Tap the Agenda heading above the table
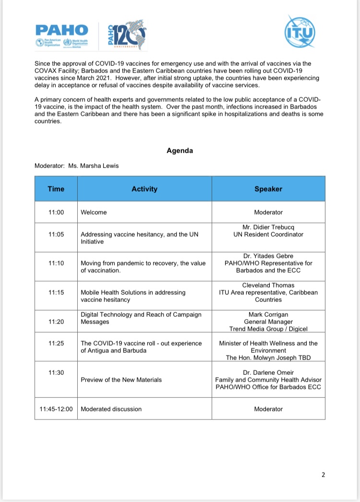click(180, 151)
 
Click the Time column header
click(56, 189)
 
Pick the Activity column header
click(144, 189)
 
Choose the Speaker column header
click(268, 189)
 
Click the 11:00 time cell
click(56, 212)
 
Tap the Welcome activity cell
click(94, 212)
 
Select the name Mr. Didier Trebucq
click(268, 227)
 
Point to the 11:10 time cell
click(56, 263)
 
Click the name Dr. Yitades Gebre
click(268, 256)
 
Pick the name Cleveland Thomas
click(268, 285)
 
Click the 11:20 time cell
click(56, 322)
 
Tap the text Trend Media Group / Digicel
click(268, 329)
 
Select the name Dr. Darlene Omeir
click(268, 372)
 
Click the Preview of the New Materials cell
click(121, 380)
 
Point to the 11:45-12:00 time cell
click(56, 409)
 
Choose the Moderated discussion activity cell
click(111, 409)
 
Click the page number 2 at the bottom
click(323, 475)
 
